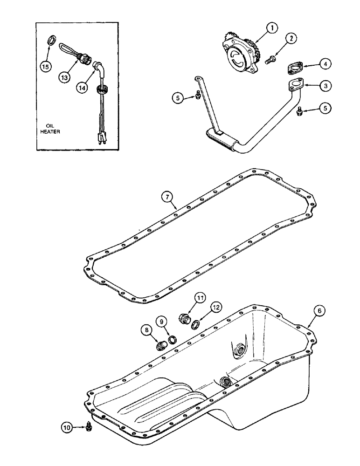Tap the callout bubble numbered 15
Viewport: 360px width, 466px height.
coord(46,67)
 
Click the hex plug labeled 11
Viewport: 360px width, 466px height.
coord(184,319)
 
